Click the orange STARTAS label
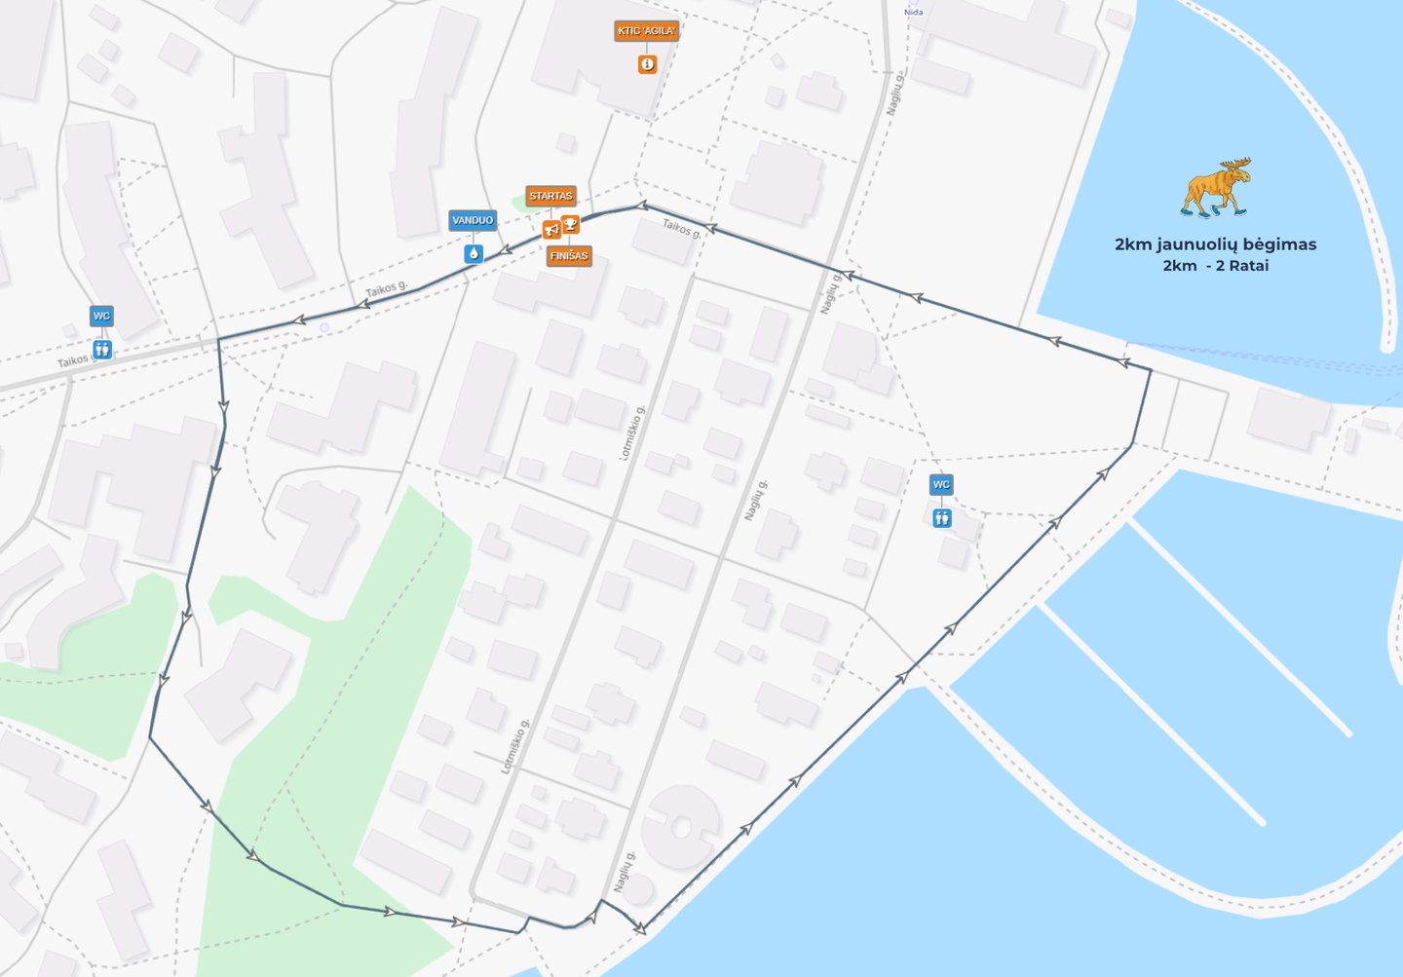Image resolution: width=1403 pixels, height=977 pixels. coord(550,196)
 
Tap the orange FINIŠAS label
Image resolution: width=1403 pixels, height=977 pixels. coord(569,256)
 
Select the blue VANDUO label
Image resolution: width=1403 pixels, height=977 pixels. coord(473,220)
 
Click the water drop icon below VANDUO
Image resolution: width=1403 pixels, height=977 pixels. coord(474,253)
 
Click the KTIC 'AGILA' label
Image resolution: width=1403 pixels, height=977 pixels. coord(646,31)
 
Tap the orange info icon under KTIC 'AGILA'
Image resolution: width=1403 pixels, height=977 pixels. coord(647,64)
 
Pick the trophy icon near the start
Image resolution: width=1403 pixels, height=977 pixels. coord(571,225)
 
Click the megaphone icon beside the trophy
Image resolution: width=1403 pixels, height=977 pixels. coord(551,230)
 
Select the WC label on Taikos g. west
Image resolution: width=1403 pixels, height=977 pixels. coord(101,316)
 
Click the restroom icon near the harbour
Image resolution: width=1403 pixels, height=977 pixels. coord(941,518)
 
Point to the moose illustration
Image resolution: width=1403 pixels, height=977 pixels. coord(1216,187)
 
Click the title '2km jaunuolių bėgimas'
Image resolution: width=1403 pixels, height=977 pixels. coord(1215,244)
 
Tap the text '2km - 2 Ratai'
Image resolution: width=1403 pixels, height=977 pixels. coord(1215,266)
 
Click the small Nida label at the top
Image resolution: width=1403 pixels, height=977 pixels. coord(913,13)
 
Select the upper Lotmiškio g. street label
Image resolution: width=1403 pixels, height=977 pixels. coord(631,432)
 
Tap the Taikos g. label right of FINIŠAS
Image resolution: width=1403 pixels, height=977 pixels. coord(681,229)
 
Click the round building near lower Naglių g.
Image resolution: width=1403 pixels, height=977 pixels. coord(681,828)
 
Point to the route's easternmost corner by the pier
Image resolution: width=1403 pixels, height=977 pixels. coord(1151,371)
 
